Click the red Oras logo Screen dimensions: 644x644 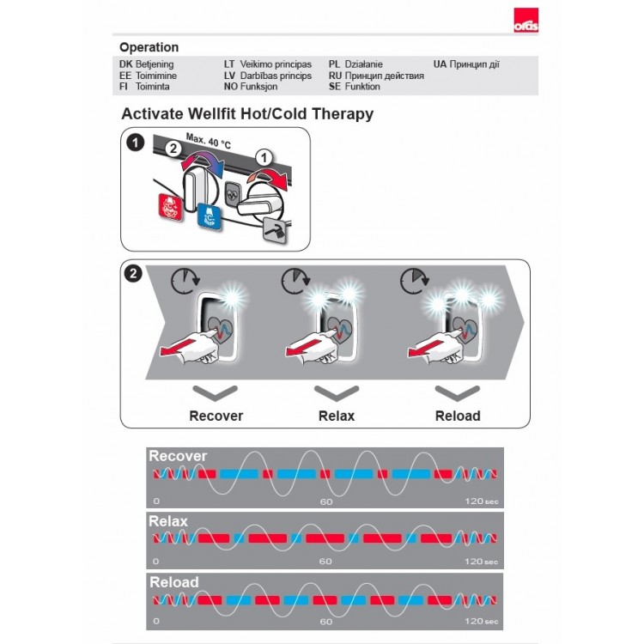[526, 20]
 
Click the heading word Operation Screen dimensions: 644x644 [149, 47]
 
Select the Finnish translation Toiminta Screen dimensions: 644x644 [152, 87]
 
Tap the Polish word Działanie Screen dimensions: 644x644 [363, 64]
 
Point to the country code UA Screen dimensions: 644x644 [440, 64]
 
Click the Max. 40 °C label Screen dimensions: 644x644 [209, 141]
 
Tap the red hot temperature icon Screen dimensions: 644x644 [170, 207]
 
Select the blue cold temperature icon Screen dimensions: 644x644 [209, 216]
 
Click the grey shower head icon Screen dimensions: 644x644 [275, 230]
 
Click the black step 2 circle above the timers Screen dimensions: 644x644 [133, 274]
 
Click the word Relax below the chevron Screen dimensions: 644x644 [337, 416]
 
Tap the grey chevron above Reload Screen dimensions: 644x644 [458, 392]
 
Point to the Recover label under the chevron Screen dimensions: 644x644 [216, 416]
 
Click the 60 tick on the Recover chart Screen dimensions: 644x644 [326, 501]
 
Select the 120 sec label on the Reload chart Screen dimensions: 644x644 [482, 621]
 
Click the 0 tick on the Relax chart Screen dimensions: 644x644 [155, 561]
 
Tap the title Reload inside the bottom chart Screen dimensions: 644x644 [174, 582]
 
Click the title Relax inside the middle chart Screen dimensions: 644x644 [168, 521]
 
